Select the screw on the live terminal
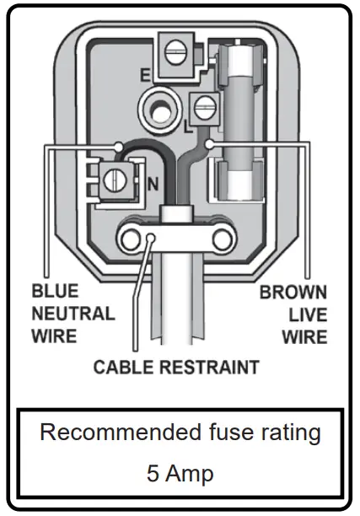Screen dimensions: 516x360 (202, 107)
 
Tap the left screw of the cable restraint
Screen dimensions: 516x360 (131, 240)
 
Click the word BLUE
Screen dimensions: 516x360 (55, 292)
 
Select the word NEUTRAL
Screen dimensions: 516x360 (73, 314)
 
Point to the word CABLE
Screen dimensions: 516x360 (124, 368)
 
